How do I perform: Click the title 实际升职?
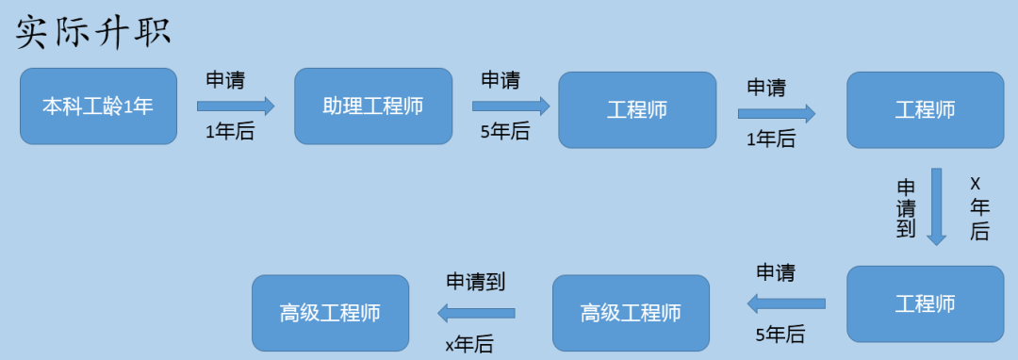pos(93,32)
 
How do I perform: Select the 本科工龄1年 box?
pos(98,106)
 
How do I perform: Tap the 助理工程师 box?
pos(373,106)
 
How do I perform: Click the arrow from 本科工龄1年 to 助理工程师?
pos(235,106)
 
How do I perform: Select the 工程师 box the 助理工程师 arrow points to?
pos(637,110)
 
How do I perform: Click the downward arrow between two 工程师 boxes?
pos(935,206)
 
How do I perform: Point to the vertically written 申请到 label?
pos(906,208)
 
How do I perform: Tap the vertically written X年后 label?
pos(979,206)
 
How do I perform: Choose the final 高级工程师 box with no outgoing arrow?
pos(330,313)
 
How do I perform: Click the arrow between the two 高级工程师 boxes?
pos(476,313)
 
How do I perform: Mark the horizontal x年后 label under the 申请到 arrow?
pos(468,344)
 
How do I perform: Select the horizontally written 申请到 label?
pos(476,281)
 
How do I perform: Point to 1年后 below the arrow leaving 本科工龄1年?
pos(230,132)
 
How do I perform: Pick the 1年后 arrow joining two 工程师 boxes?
pos(776,114)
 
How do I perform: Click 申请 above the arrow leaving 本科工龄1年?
pos(225,80)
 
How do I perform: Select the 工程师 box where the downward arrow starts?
pos(925,110)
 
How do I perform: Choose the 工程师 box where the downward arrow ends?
pos(925,304)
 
